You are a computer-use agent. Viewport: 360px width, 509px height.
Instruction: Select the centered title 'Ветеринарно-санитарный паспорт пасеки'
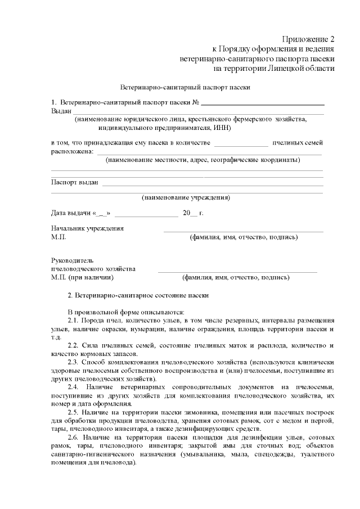tap(186, 88)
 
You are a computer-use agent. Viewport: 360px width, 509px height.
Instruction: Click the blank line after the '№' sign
tap(263, 103)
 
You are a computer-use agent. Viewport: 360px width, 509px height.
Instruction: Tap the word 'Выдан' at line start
tap(61, 111)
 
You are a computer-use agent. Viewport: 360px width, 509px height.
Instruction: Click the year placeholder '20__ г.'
tap(193, 214)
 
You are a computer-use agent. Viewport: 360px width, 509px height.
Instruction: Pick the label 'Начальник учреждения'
tap(87, 229)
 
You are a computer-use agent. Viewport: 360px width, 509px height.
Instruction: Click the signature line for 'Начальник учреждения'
tap(243, 230)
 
